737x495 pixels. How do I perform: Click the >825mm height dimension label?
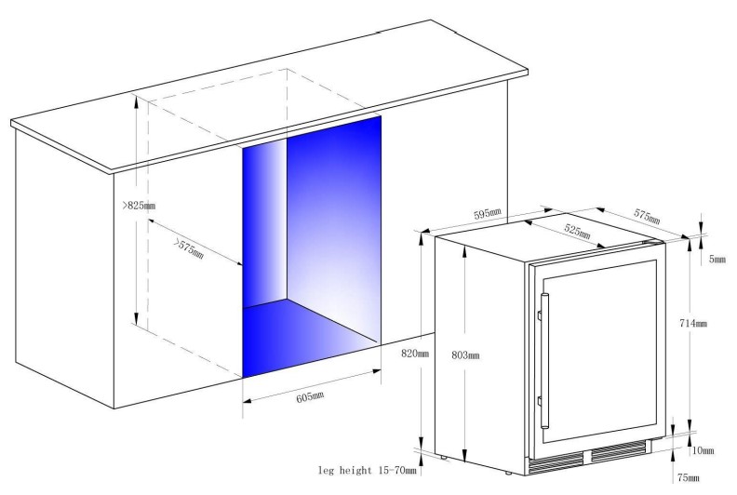139,206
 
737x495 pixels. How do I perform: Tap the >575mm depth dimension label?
189,248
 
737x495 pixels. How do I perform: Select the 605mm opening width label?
310,397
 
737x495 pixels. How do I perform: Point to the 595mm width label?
488,214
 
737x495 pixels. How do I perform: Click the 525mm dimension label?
577,231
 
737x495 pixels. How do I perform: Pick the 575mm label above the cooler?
648,216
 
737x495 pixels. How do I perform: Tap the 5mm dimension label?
717,259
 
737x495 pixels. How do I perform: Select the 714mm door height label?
693,323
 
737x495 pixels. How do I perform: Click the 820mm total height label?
415,354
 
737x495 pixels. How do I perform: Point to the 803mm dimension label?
465,355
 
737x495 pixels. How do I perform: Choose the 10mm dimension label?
703,450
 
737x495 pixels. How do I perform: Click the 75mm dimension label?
688,477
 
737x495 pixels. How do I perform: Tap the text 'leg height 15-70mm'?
367,470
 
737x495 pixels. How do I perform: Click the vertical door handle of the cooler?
544,361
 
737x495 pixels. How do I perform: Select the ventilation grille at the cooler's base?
587,458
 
